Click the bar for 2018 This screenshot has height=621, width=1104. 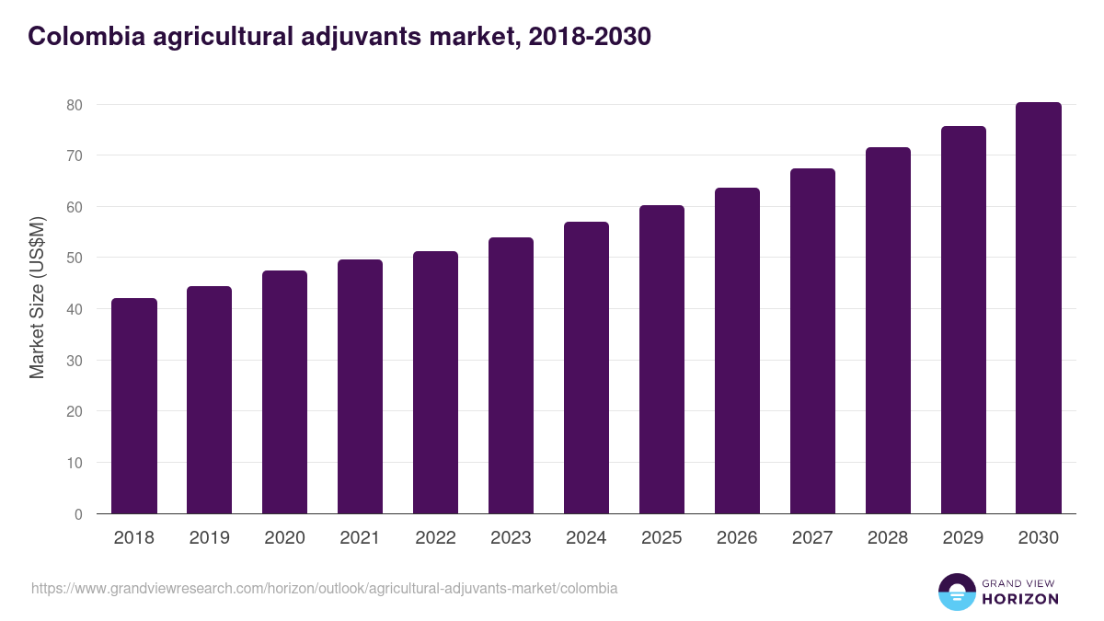[134, 406]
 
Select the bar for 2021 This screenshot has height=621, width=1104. [360, 386]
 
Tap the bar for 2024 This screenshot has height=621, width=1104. [586, 368]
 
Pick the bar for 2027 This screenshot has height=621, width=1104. [812, 341]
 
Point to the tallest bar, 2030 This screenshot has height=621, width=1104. [1039, 308]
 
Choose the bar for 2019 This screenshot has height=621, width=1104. [210, 400]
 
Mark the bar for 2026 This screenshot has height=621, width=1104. [737, 351]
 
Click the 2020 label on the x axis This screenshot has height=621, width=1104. [285, 538]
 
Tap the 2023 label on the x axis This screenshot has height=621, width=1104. [511, 538]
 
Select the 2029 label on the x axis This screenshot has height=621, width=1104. [963, 538]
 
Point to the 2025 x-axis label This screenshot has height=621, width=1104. [661, 538]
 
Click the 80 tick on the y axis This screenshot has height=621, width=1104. [75, 105]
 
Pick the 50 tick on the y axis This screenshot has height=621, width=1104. [75, 259]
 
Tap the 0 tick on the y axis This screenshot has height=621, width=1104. [78, 514]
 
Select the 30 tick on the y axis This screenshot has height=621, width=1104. [75, 361]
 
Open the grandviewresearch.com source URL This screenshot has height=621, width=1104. [324, 588]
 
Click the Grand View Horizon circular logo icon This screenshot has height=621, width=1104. [957, 592]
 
